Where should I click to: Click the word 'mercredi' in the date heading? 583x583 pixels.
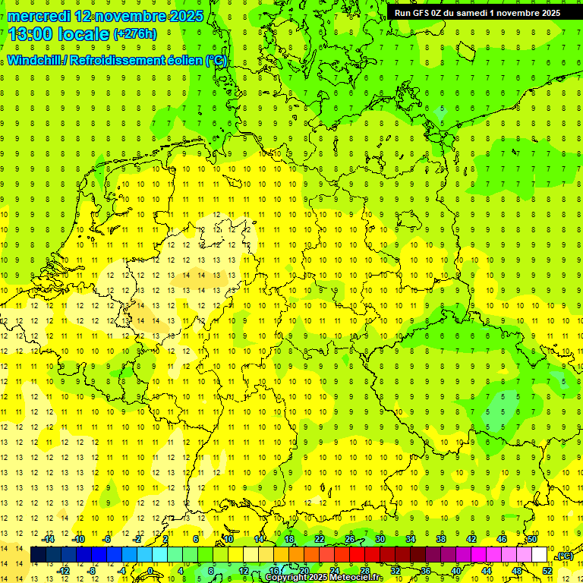[x=40, y=16]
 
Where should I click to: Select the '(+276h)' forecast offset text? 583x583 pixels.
[x=134, y=34]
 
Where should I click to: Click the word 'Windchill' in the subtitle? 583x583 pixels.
[x=34, y=61]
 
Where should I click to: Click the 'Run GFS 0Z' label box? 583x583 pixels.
[x=477, y=13]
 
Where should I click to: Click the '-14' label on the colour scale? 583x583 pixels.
[x=49, y=539]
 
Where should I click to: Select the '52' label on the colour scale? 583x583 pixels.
[x=547, y=570]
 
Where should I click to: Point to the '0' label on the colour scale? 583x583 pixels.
[x=150, y=570]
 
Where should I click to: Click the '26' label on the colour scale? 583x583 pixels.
[x=350, y=539]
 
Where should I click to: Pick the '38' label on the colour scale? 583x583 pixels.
[x=441, y=539]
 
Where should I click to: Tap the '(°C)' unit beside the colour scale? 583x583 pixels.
[x=564, y=556]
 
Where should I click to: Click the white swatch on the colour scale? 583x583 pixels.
[x=539, y=555]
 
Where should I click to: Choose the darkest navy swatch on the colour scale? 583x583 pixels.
[x=38, y=555]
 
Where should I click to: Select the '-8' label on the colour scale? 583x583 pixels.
[x=93, y=570]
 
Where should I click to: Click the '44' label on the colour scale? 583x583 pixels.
[x=486, y=570]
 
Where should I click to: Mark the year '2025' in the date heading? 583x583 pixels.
[x=186, y=16]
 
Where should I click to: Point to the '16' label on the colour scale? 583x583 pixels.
[x=274, y=570]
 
